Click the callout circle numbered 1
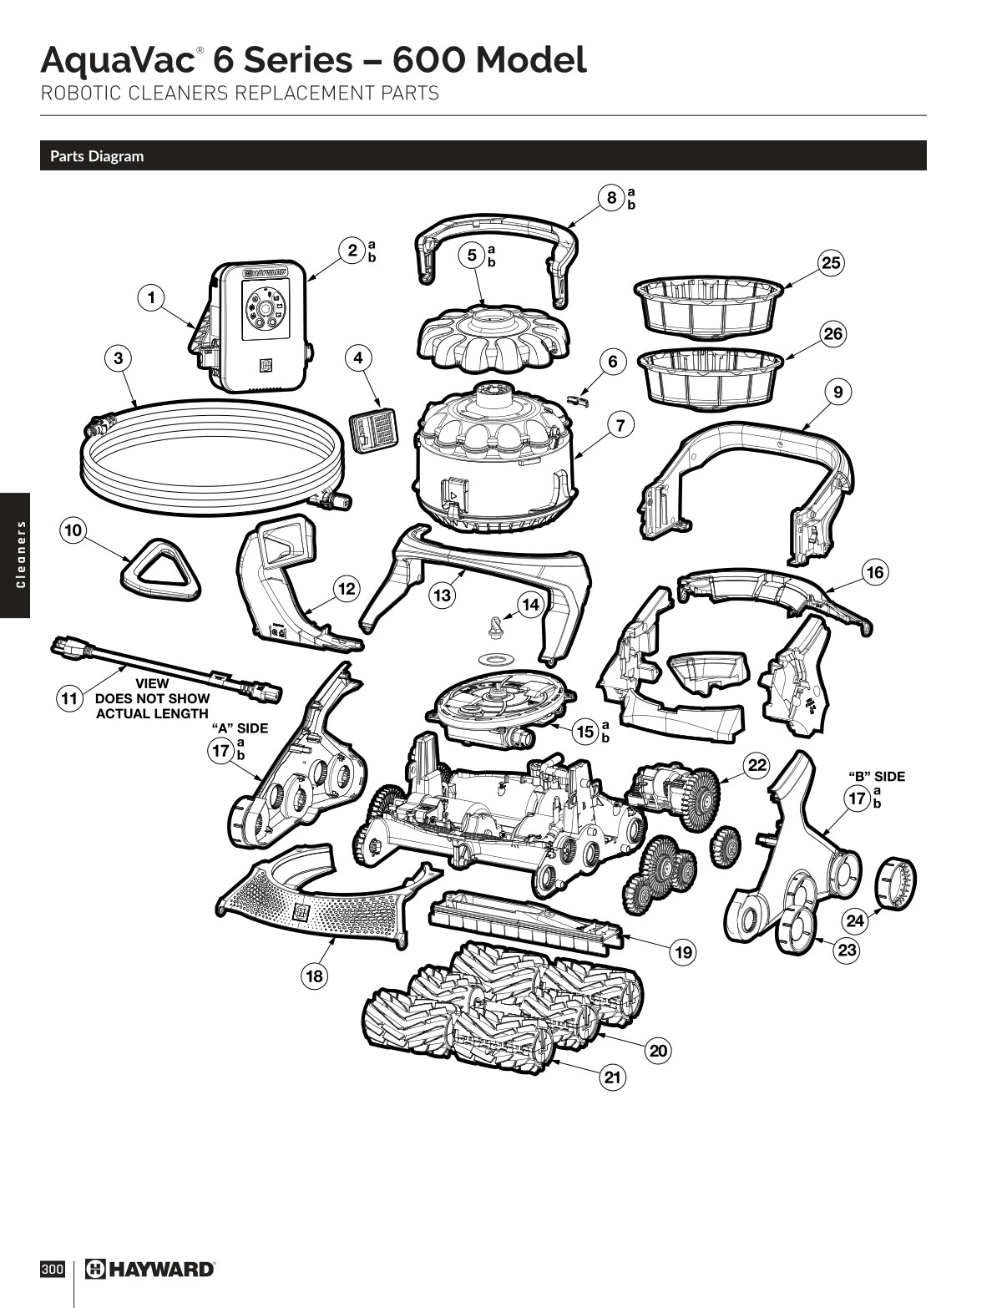pyautogui.click(x=152, y=297)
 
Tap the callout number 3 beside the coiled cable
pyautogui.click(x=119, y=358)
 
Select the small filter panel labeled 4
pyautogui.click(x=372, y=430)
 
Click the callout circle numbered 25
pyautogui.click(x=831, y=263)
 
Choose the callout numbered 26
pyautogui.click(x=832, y=335)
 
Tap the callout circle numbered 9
pyautogui.click(x=837, y=391)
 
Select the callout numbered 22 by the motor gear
pyautogui.click(x=757, y=766)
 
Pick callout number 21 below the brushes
pyautogui.click(x=613, y=1077)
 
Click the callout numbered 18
pyautogui.click(x=314, y=976)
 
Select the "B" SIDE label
pyautogui.click(x=877, y=777)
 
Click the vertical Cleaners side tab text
pyautogui.click(x=14, y=555)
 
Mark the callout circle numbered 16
pyautogui.click(x=875, y=572)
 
